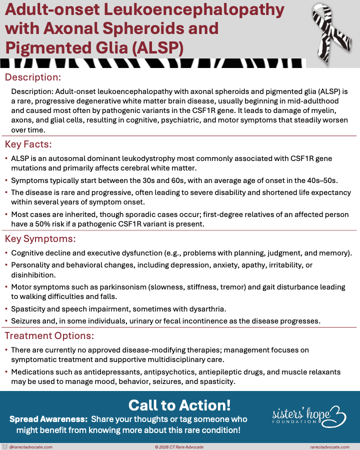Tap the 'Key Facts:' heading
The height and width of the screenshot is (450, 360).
(x=28, y=145)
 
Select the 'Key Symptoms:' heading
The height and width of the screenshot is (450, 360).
(x=40, y=238)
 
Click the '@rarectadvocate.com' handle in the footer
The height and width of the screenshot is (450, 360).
(x=31, y=446)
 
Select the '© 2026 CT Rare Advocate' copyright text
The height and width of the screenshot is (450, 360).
(x=179, y=446)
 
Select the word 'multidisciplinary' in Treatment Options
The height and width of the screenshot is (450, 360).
(x=181, y=359)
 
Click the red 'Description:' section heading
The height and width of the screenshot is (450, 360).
(x=33, y=77)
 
